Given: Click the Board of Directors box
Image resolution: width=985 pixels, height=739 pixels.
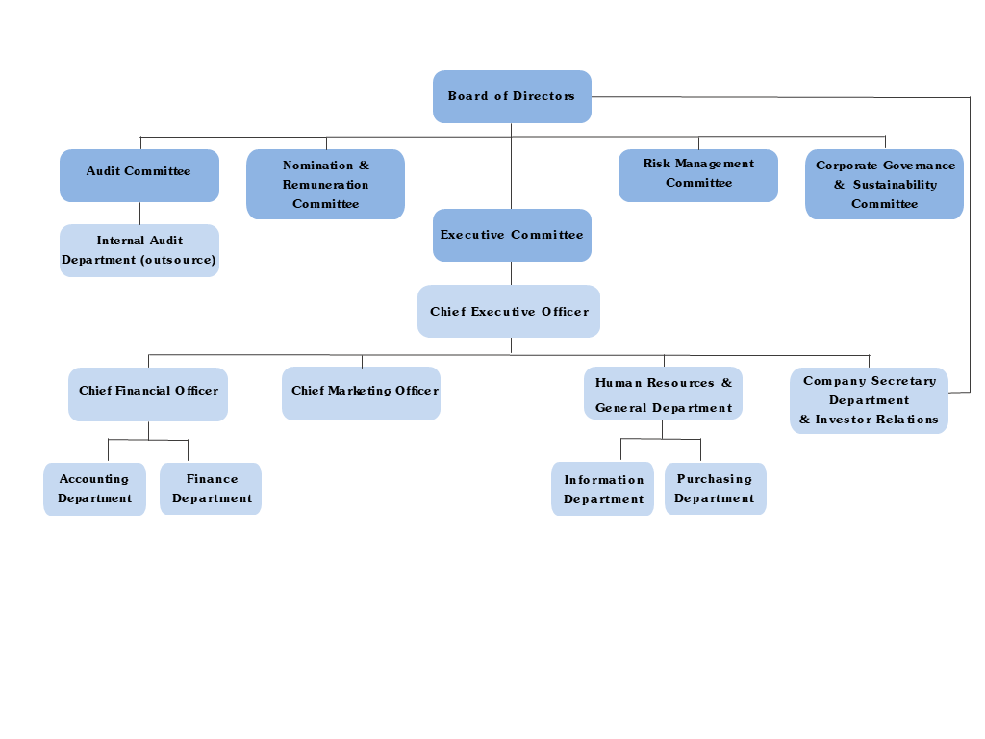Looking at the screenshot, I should [512, 96].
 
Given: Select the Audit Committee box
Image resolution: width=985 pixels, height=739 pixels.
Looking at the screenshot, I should [139, 175].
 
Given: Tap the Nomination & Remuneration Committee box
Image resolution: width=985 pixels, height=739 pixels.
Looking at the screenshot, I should [325, 184].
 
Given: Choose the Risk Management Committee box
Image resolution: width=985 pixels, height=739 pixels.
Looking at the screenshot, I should [698, 175].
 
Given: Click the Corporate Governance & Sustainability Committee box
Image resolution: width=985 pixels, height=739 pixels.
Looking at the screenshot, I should [884, 184].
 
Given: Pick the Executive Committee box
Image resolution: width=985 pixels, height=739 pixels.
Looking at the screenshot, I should [512, 235].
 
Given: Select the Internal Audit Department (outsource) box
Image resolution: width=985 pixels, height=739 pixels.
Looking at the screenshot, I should [139, 250].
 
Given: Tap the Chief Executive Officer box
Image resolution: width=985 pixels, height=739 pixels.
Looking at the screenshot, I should [509, 311].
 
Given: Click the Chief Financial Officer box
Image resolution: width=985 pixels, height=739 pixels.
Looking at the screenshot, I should [148, 394].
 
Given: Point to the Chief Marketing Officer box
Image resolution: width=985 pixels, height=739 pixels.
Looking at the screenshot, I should [361, 393].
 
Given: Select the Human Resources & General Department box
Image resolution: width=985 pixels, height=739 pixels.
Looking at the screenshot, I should [663, 393].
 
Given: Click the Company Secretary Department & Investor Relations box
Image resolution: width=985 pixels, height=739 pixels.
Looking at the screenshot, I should [869, 400].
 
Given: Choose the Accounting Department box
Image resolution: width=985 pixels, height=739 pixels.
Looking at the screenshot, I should [94, 489].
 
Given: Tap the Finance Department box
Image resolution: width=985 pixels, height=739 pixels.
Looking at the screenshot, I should [211, 489].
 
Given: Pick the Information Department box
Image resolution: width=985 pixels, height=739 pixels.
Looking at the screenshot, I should [602, 489].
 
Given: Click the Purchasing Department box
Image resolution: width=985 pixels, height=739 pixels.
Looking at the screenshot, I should [715, 489].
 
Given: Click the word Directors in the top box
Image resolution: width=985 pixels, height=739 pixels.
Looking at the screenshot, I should [543, 96].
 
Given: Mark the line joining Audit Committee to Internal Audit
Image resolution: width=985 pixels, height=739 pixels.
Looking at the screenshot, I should [139, 213].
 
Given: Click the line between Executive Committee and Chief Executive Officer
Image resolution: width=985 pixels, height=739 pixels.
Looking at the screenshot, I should [511, 273].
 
